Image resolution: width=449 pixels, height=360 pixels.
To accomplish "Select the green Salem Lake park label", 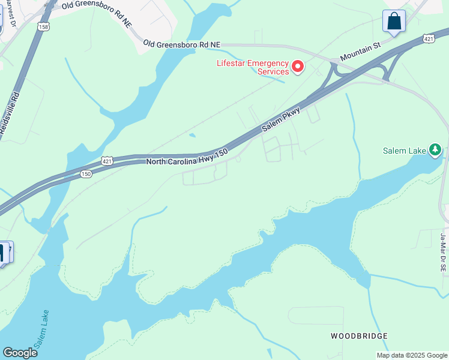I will pyautogui.click(x=405, y=151).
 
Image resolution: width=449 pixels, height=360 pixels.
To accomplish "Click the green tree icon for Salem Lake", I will pyautogui.click(x=436, y=150).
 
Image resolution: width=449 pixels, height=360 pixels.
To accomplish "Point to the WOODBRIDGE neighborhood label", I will pyautogui.click(x=359, y=336).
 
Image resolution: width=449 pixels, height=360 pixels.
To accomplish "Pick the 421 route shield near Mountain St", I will pyautogui.click(x=428, y=38).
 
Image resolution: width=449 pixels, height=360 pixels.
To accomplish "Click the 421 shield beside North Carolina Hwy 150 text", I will pyautogui.click(x=107, y=161).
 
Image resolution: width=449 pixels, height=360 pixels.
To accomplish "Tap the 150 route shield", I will pyautogui.click(x=86, y=173).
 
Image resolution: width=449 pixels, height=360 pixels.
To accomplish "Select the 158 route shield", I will pyautogui.click(x=43, y=27).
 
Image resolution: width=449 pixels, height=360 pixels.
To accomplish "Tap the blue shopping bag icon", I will pyautogui.click(x=394, y=22).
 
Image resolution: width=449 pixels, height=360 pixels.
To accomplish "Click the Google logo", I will pyautogui.click(x=20, y=352).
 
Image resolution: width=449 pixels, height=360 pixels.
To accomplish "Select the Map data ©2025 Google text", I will pyautogui.click(x=412, y=355).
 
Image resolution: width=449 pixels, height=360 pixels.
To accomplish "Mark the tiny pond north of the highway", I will pyautogui.click(x=191, y=135).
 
